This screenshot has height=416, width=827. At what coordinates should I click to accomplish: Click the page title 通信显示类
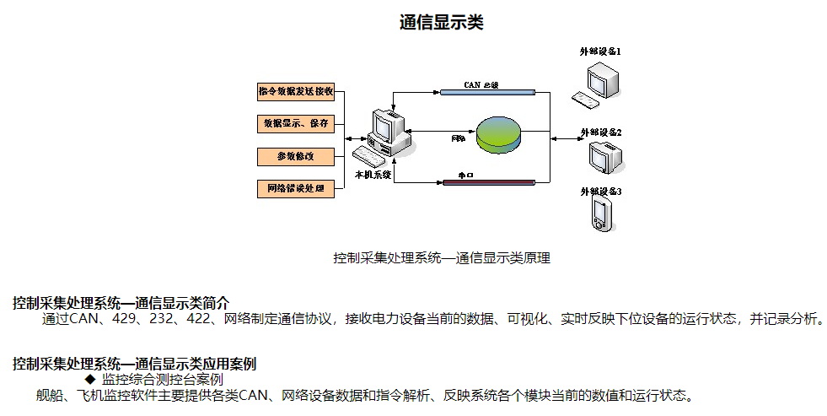(441, 23)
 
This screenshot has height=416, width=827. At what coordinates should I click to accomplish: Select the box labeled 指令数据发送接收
(296, 91)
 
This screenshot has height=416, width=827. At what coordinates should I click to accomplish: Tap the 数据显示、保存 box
(296, 123)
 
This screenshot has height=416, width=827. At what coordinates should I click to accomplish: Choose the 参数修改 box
(296, 156)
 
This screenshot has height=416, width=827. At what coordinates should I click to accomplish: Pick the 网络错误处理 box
(296, 188)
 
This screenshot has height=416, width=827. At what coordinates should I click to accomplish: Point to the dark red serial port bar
(488, 181)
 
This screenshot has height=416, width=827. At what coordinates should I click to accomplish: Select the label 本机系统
(373, 175)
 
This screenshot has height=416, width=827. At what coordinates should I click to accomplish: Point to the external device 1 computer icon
(599, 85)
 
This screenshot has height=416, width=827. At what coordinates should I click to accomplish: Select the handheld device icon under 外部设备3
(600, 214)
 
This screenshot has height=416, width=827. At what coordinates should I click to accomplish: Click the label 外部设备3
(600, 192)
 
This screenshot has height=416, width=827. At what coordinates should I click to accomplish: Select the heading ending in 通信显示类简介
(121, 303)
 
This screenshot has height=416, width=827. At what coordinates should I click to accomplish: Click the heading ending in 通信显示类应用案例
(134, 364)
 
